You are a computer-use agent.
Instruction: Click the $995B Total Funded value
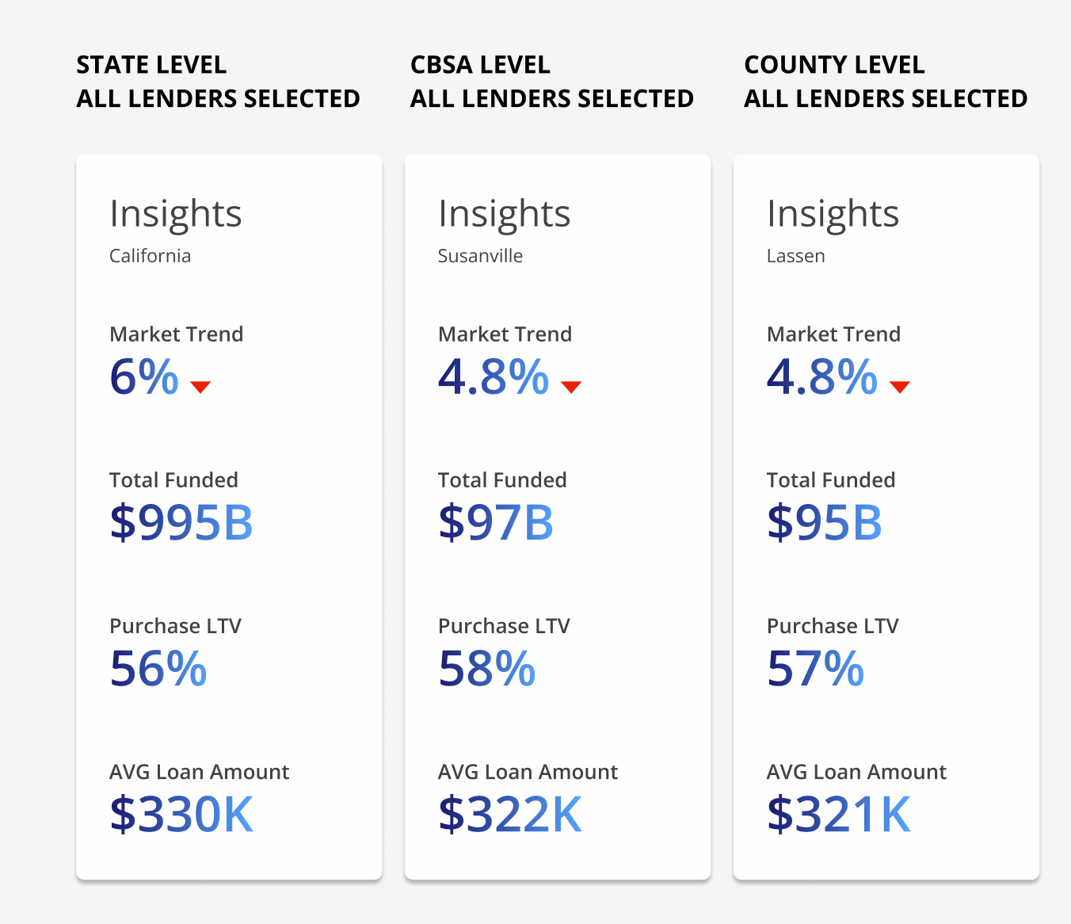pyautogui.click(x=181, y=523)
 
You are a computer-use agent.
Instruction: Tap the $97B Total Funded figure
pyautogui.click(x=496, y=523)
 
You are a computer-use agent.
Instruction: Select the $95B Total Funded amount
pyautogui.click(x=825, y=523)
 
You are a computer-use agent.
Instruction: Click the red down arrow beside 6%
pyautogui.click(x=200, y=387)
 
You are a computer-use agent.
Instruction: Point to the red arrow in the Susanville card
pyautogui.click(x=571, y=387)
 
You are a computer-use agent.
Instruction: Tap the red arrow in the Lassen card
pyautogui.click(x=900, y=387)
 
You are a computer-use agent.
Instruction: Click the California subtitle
pyautogui.click(x=150, y=256)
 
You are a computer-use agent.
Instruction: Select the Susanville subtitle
pyautogui.click(x=480, y=256)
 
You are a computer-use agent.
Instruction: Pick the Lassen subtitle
pyautogui.click(x=795, y=256)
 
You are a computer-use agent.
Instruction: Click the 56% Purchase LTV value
pyautogui.click(x=158, y=669)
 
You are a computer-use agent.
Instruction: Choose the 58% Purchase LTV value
pyautogui.click(x=487, y=669)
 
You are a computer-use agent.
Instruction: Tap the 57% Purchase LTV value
pyautogui.click(x=815, y=669)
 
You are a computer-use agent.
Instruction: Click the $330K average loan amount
pyautogui.click(x=181, y=815)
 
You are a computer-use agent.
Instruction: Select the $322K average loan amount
pyautogui.click(x=510, y=815)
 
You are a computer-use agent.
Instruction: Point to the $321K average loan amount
pyautogui.click(x=839, y=815)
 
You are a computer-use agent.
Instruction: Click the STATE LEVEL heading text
pyautogui.click(x=151, y=65)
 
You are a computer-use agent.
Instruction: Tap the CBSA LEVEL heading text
pyautogui.click(x=480, y=65)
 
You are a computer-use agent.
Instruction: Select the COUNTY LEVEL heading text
pyautogui.click(x=834, y=65)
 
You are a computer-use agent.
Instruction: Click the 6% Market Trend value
pyautogui.click(x=144, y=377)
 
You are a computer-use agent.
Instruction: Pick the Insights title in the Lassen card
pyautogui.click(x=833, y=214)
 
